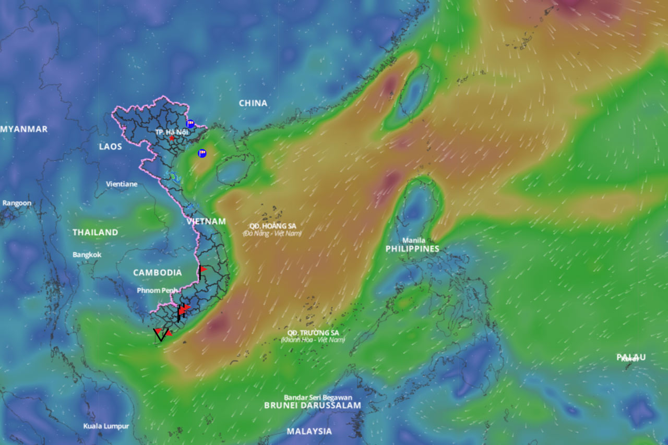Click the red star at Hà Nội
pos(172,138)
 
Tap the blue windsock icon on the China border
pos(190,124)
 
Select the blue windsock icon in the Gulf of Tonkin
pos(202,153)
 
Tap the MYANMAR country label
pos(24,129)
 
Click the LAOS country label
pos(111,147)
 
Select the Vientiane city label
pos(122,184)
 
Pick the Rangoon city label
pos(17,203)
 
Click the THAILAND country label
pos(96,232)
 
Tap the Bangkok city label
pos(87,255)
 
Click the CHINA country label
pos(253,103)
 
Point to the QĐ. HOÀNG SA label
pos(272,225)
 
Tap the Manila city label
pos(413,240)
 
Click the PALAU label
pos(631,357)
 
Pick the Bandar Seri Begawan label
pos(318,398)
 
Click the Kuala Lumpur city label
pos(106,426)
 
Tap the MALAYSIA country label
pos(309,431)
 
